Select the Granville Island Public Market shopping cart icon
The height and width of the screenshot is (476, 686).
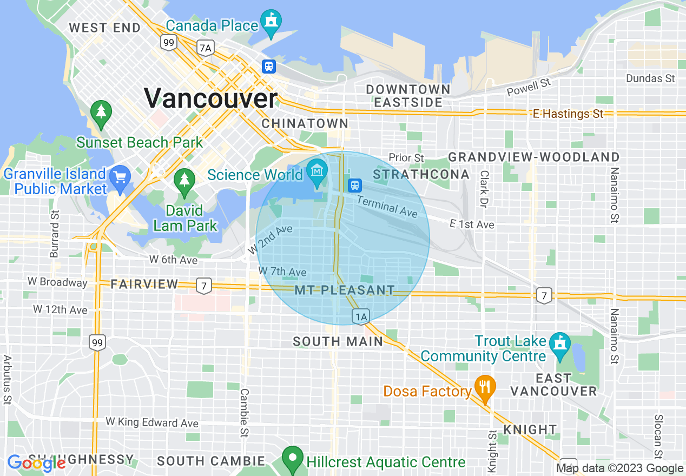point(119,177)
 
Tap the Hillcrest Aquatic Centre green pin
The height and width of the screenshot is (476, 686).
point(293,459)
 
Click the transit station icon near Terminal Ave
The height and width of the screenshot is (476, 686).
point(355,185)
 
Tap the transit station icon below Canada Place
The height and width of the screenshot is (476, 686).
point(269,67)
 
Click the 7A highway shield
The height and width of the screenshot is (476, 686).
point(206,48)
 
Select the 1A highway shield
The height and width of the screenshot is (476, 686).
point(361,316)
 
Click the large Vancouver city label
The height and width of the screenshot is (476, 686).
point(210,98)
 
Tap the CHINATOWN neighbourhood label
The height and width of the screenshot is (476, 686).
point(305,123)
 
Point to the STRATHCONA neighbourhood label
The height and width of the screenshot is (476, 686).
point(421,174)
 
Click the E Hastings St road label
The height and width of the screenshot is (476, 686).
point(568,114)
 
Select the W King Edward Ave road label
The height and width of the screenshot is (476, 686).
point(152,422)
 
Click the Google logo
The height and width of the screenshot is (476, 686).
point(36,463)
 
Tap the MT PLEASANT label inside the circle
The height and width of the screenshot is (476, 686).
point(345,290)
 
